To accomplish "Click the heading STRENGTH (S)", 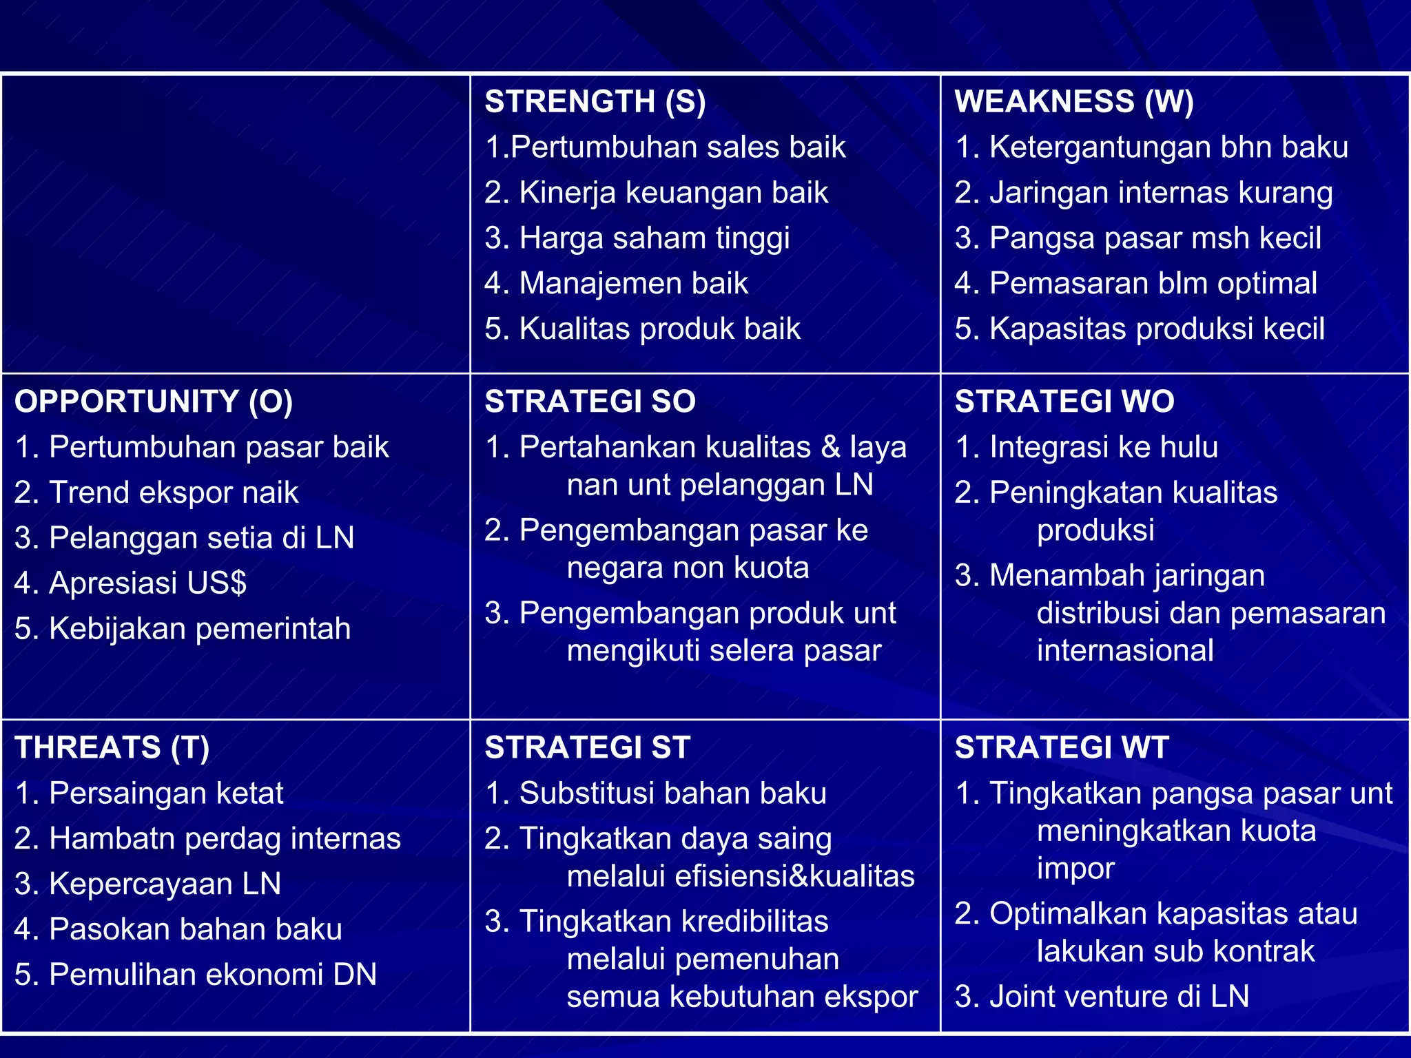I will pos(595,102).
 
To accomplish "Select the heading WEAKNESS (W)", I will pos(1073,102).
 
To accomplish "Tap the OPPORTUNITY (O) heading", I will pos(154,402).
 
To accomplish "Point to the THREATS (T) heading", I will pos(112,747).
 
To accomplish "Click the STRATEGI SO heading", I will pos(590,402).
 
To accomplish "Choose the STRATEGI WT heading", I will pos(1062,747).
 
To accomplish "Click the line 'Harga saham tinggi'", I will pos(637,238).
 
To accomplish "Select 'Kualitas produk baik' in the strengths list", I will pos(642,329).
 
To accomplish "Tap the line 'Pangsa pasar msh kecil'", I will pos(1137,238).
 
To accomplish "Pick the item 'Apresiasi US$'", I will pos(131,583).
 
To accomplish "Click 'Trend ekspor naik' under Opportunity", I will pos(156,492).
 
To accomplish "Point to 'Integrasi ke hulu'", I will pos(1086,447).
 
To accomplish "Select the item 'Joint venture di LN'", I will pos(1102,997).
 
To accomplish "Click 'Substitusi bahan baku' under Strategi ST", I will pos(656,793).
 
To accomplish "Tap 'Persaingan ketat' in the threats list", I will pos(149,793).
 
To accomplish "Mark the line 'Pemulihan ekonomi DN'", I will pos(196,975).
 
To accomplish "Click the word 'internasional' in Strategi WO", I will pos(1125,651).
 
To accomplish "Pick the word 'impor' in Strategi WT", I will pos(1075,869).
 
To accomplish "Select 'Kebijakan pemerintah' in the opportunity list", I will pos(183,629).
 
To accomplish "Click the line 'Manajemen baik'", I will pos(616,284).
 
